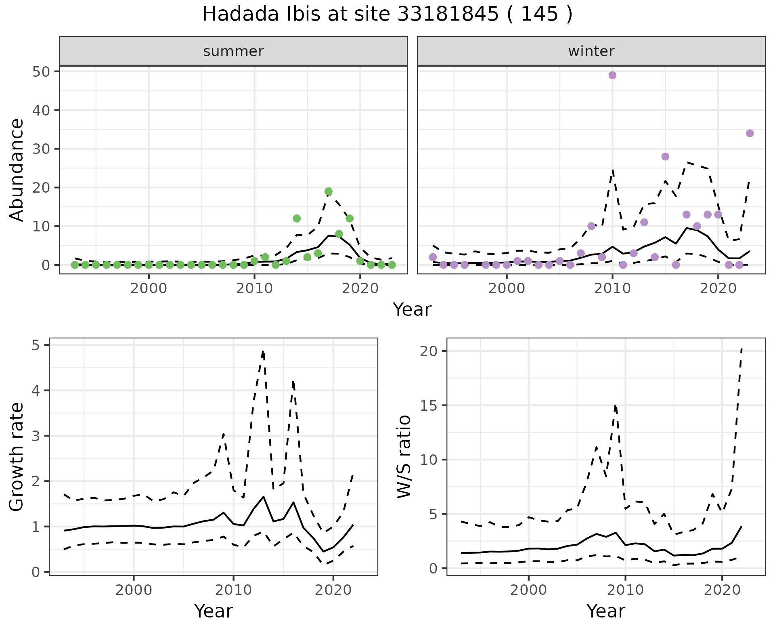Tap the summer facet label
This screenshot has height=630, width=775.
(233, 51)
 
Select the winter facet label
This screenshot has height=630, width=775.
(591, 51)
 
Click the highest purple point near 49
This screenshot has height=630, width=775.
(612, 75)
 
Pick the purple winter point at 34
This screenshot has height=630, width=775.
(750, 133)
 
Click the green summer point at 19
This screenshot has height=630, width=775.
(328, 191)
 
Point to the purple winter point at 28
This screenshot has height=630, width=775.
(665, 157)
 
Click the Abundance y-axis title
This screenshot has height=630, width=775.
(17, 170)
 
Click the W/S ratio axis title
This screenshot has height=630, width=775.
(404, 456)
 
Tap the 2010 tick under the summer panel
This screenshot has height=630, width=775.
(254, 289)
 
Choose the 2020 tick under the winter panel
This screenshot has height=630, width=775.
(718, 289)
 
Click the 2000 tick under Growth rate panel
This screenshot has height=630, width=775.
(134, 590)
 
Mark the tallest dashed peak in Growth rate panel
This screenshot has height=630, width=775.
(263, 351)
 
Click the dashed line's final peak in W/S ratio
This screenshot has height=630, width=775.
(741, 348)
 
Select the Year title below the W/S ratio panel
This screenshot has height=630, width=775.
(605, 611)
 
